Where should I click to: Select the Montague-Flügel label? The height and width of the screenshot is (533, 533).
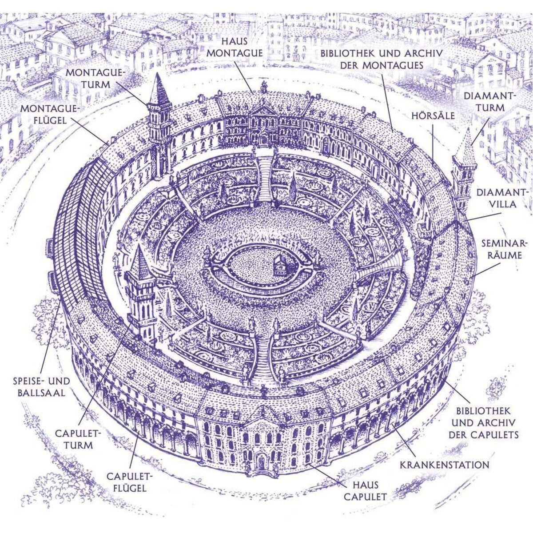(x=50, y=115)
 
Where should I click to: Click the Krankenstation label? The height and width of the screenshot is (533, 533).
(x=444, y=465)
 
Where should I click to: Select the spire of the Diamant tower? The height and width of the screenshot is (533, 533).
(x=466, y=145)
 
